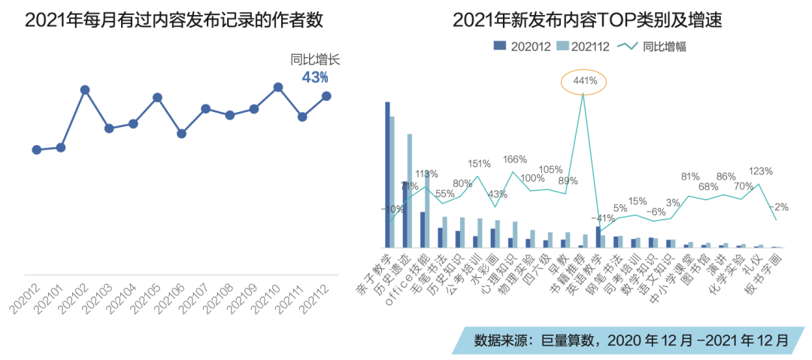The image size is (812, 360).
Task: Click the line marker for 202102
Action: pyautogui.click(x=85, y=90)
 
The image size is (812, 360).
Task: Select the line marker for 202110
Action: pyautogui.click(x=277, y=87)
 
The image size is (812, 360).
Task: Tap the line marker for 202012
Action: pyautogui.click(x=37, y=150)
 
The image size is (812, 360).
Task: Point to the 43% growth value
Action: pyautogui.click(x=315, y=77)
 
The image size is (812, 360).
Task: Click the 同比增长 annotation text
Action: pyautogui.click(x=310, y=60)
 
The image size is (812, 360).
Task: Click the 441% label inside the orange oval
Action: pyautogui.click(x=584, y=80)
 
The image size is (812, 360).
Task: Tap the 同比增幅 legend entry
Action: pyautogui.click(x=651, y=46)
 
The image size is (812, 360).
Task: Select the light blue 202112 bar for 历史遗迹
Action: pyautogui.click(x=410, y=191)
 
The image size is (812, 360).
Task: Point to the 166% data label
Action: pyautogui.click(x=515, y=159)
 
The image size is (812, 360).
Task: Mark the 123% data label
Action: pyautogui.click(x=761, y=171)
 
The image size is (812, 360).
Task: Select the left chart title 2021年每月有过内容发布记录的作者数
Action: pyautogui.click(x=174, y=20)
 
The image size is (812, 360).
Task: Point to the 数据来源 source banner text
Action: pyautogui.click(x=631, y=340)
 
